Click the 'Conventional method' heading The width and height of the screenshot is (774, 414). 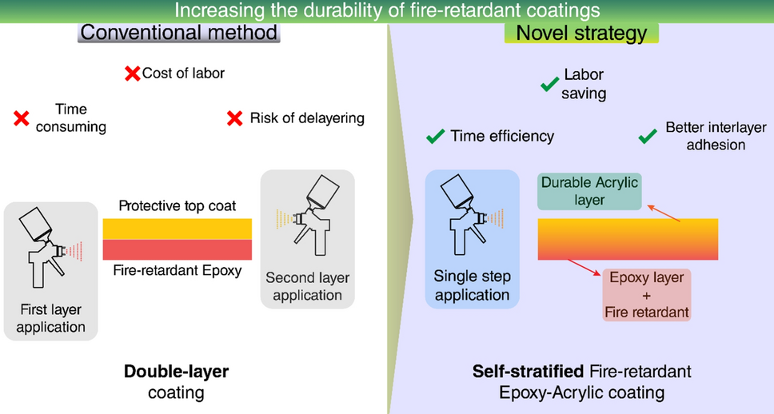178,33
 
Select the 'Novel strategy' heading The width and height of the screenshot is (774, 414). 580,33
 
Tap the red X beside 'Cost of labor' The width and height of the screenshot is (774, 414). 132,74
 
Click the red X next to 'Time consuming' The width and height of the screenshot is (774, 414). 22,119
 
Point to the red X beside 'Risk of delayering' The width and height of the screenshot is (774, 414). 234,118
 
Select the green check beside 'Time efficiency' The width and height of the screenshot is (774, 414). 436,137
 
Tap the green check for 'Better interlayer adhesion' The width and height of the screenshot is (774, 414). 648,137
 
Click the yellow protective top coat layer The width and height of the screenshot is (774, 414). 177,228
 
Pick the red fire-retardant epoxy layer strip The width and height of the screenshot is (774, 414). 177,249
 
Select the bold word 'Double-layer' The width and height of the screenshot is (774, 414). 176,372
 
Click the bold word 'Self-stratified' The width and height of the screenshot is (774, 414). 528,372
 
